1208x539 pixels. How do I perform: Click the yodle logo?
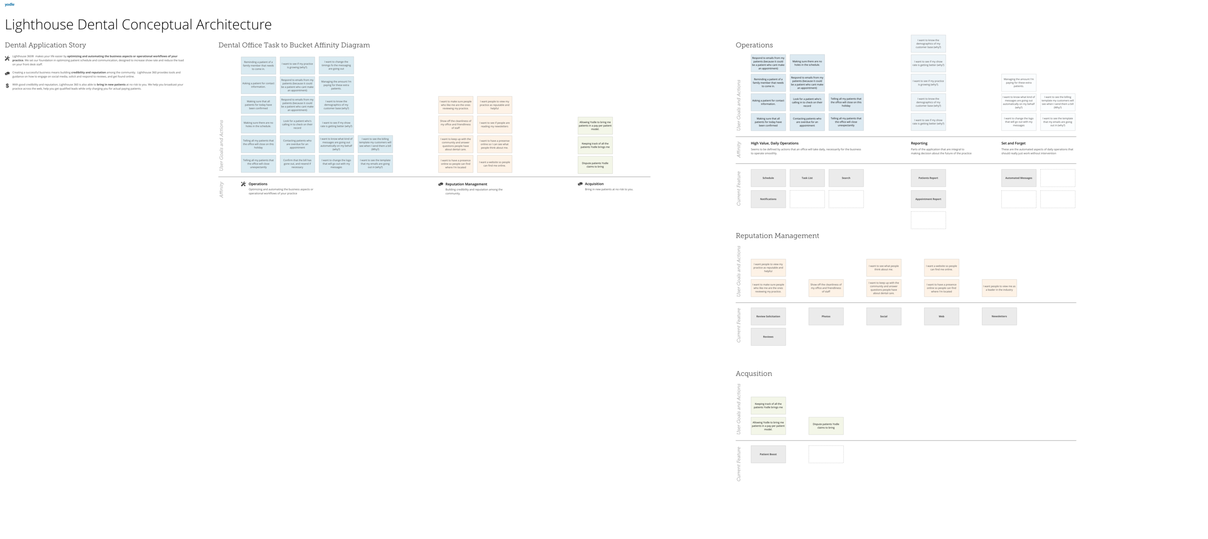click(9, 4)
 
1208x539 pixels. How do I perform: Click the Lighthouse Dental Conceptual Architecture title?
click(138, 24)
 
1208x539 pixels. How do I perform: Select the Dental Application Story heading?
click(45, 45)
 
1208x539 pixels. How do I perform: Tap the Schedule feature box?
click(768, 178)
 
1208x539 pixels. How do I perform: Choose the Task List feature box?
click(807, 178)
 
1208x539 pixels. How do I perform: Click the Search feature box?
click(846, 178)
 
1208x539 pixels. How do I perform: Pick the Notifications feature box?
click(768, 199)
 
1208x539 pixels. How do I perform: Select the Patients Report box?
click(928, 178)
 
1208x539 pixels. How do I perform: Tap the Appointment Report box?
click(928, 199)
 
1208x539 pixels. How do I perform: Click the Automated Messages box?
click(1019, 178)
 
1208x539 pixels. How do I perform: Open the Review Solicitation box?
click(768, 316)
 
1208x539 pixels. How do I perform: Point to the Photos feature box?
click(826, 316)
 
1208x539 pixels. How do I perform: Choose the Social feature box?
click(883, 316)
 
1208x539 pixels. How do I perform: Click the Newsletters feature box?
click(999, 316)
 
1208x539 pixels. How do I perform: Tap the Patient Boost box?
click(768, 454)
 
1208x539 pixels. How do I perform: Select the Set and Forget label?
click(1013, 143)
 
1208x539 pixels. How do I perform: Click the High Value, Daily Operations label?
click(775, 143)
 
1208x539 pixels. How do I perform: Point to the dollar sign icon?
click(7, 86)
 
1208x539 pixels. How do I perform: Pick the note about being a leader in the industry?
click(999, 288)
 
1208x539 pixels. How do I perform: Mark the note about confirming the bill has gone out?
click(297, 164)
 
